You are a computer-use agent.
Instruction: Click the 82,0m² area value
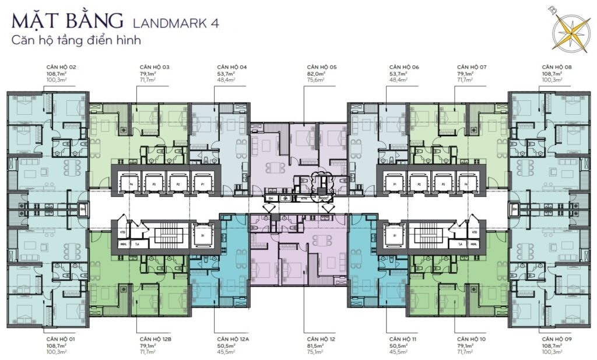(317, 74)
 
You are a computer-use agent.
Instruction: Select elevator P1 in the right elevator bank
(395, 182)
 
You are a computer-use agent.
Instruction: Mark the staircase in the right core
(428, 232)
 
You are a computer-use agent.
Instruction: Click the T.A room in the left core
(136, 245)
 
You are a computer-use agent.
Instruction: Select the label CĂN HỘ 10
(471, 339)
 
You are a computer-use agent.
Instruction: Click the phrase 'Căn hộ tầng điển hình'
(76, 41)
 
